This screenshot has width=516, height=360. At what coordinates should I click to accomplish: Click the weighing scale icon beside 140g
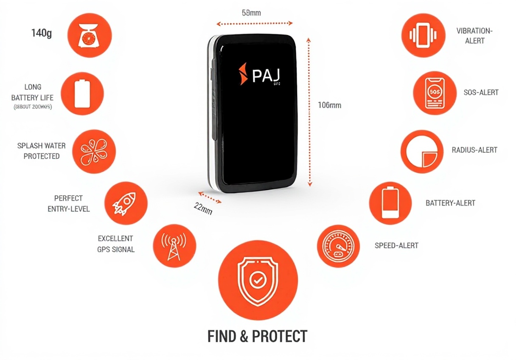tap(90, 35)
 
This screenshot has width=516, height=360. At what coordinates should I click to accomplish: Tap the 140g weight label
tap(42, 33)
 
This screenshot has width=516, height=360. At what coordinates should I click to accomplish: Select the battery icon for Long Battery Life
tap(82, 93)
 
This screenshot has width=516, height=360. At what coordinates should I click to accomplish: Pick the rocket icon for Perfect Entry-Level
tap(126, 203)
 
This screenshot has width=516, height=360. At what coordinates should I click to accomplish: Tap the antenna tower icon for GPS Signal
tap(174, 246)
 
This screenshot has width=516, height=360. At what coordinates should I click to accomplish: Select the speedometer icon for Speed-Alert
tap(338, 246)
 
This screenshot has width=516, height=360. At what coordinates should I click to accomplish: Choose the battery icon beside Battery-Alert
tap(390, 203)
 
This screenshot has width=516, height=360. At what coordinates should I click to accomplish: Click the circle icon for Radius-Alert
tap(422, 152)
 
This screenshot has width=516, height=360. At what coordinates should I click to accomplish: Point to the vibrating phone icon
tap(423, 35)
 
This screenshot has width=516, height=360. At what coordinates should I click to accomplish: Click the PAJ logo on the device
tap(261, 75)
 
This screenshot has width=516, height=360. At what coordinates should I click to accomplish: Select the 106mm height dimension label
tap(329, 105)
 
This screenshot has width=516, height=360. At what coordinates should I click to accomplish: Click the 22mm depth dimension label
tap(203, 208)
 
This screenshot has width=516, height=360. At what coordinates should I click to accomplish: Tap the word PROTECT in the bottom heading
tap(279, 336)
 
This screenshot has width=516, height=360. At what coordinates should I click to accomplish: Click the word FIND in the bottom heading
tap(221, 336)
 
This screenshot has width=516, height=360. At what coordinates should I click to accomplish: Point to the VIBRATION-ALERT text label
tap(474, 36)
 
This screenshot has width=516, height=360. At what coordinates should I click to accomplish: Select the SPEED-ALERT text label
tap(396, 245)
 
